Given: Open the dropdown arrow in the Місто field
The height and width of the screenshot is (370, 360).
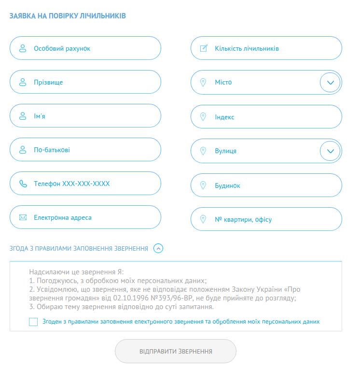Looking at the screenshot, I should pyautogui.click(x=331, y=83).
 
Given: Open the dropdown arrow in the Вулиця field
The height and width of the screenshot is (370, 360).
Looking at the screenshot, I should pyautogui.click(x=331, y=151).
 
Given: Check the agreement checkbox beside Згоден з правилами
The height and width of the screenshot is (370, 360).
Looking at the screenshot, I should pyautogui.click(x=33, y=322).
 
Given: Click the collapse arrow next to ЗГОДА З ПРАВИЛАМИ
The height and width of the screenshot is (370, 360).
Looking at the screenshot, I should pyautogui.click(x=158, y=248).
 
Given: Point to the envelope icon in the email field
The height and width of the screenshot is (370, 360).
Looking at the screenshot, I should pyautogui.click(x=23, y=217).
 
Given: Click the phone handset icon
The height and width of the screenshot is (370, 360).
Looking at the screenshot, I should pyautogui.click(x=23, y=184).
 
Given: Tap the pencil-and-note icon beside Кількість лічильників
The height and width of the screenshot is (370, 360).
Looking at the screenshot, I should pyautogui.click(x=204, y=48).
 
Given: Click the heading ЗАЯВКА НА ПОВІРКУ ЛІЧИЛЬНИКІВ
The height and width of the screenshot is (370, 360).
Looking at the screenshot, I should pyautogui.click(x=68, y=16).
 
